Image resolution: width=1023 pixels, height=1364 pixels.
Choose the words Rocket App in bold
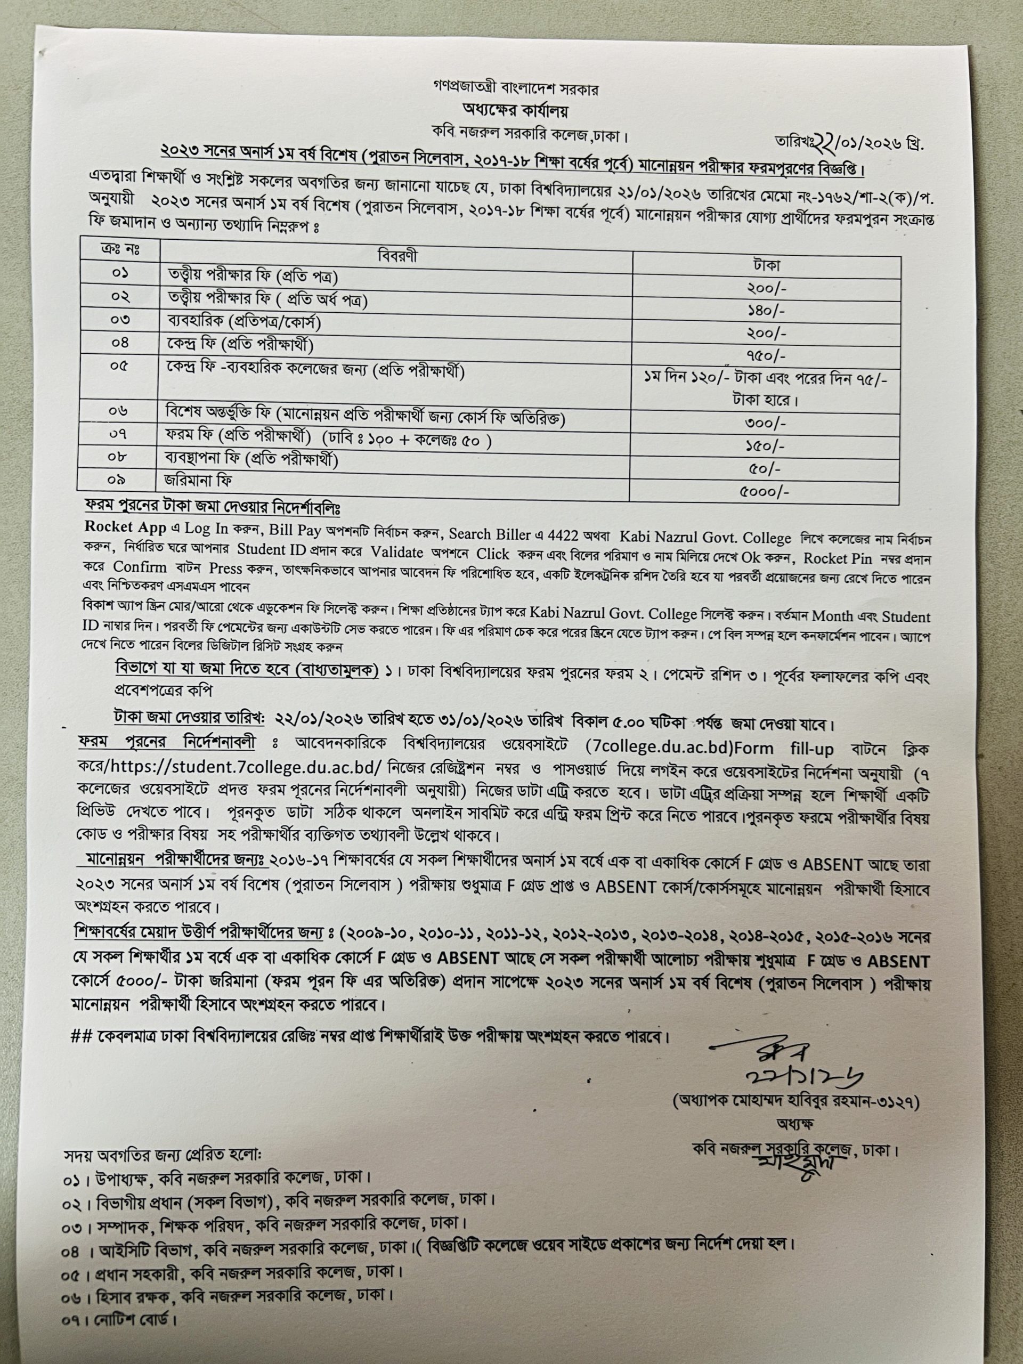click(x=126, y=527)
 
